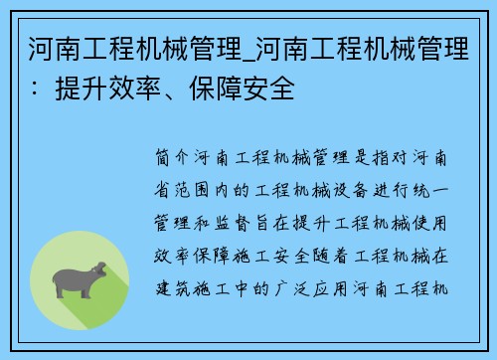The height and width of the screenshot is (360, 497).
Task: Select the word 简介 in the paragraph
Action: pos(175,158)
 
